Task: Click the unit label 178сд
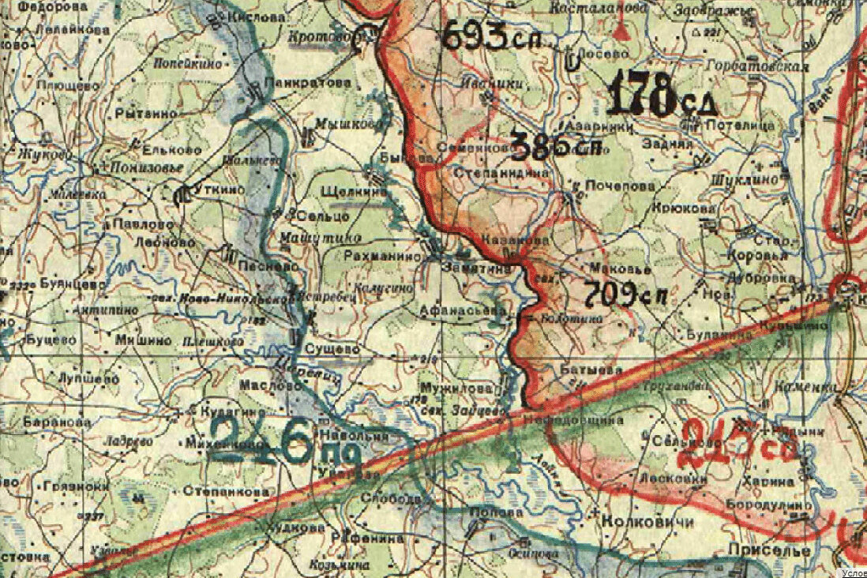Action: pos(662,96)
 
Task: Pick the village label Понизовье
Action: pos(147,168)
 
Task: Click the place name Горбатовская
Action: pos(758,66)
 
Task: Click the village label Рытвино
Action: pos(146,114)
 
